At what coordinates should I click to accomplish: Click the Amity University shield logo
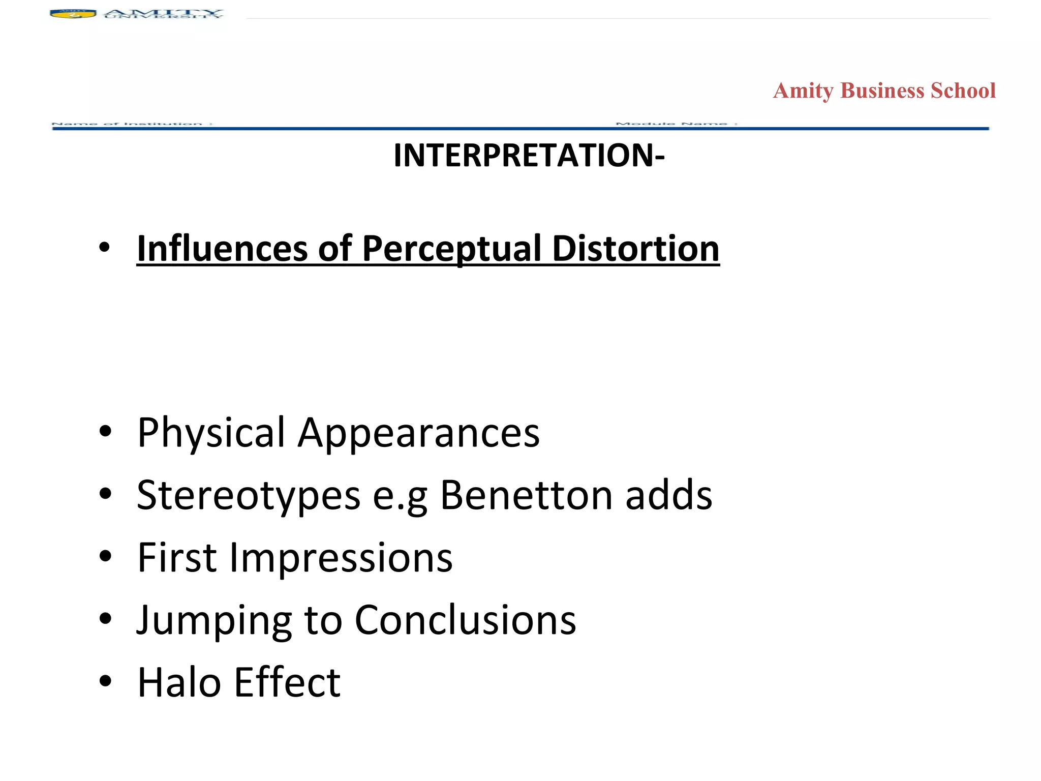pyautogui.click(x=73, y=14)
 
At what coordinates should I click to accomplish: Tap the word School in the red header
pyautogui.click(x=963, y=91)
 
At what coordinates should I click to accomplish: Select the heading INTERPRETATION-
pyautogui.click(x=529, y=155)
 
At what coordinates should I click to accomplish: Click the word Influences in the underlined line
pyautogui.click(x=222, y=249)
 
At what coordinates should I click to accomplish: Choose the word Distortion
pyautogui.click(x=635, y=249)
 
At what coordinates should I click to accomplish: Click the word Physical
pyautogui.click(x=211, y=433)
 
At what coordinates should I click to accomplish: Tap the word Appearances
pyautogui.click(x=418, y=433)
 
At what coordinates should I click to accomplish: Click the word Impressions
pyautogui.click(x=341, y=557)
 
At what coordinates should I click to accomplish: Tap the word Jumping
pyautogui.click(x=214, y=620)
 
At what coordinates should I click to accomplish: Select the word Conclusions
pyautogui.click(x=465, y=620)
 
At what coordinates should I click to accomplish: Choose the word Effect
pyautogui.click(x=287, y=682)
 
